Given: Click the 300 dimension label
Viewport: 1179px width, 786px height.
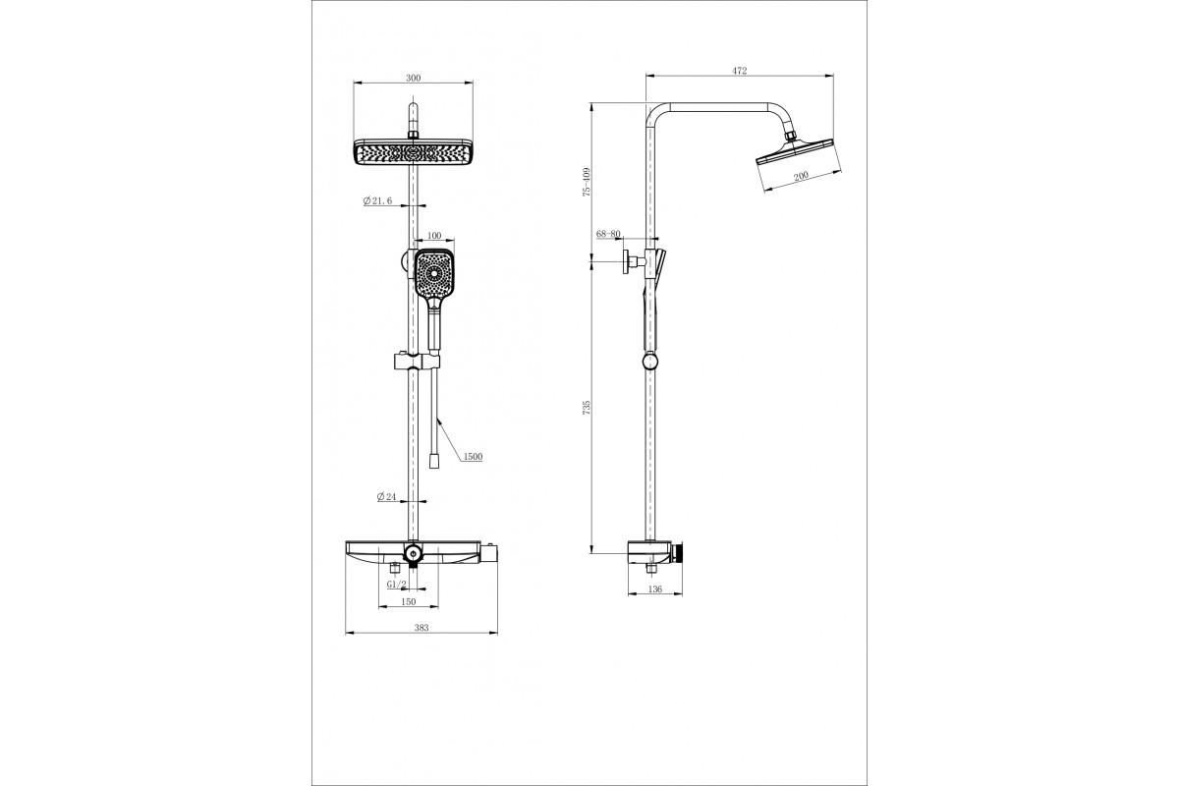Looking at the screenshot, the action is pyautogui.click(x=414, y=78).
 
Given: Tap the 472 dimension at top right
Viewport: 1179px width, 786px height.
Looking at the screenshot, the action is pyautogui.click(x=740, y=71).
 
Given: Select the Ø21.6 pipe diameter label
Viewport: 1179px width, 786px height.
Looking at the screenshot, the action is pyautogui.click(x=377, y=200).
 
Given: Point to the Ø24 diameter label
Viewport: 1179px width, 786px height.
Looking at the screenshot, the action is pyautogui.click(x=386, y=496).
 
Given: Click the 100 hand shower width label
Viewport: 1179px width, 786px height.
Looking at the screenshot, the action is pyautogui.click(x=434, y=236).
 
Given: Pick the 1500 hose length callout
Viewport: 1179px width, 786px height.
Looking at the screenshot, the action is pyautogui.click(x=473, y=457).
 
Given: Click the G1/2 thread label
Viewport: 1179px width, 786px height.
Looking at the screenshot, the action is pyautogui.click(x=396, y=585).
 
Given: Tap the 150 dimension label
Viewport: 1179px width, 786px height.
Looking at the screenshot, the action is pyautogui.click(x=409, y=601).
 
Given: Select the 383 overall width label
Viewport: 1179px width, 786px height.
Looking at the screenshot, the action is pyautogui.click(x=421, y=628).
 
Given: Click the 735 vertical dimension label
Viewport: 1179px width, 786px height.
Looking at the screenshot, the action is pyautogui.click(x=587, y=408).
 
